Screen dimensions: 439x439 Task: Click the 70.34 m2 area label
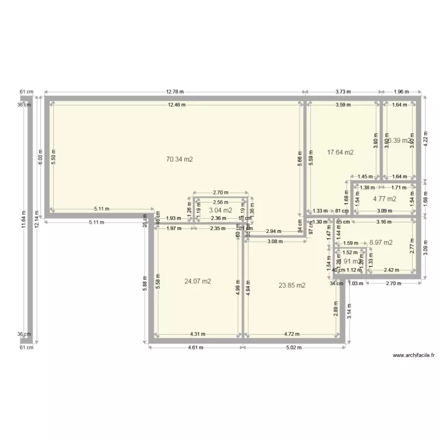(180, 159)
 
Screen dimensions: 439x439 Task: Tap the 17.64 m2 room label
(340, 152)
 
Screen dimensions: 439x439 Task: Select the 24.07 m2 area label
(197, 281)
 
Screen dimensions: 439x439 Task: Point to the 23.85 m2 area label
(291, 285)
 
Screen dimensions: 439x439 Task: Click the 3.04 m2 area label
(220, 210)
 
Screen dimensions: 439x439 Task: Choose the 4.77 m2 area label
(385, 199)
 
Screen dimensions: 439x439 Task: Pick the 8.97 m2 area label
(380, 242)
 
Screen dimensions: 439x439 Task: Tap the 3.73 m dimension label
(343, 92)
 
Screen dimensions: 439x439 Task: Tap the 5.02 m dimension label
(293, 347)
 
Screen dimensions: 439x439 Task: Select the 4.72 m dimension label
(291, 335)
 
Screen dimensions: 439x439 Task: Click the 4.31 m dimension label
(197, 335)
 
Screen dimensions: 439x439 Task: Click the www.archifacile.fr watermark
(414, 355)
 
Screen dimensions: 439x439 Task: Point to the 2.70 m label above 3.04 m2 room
(220, 192)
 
